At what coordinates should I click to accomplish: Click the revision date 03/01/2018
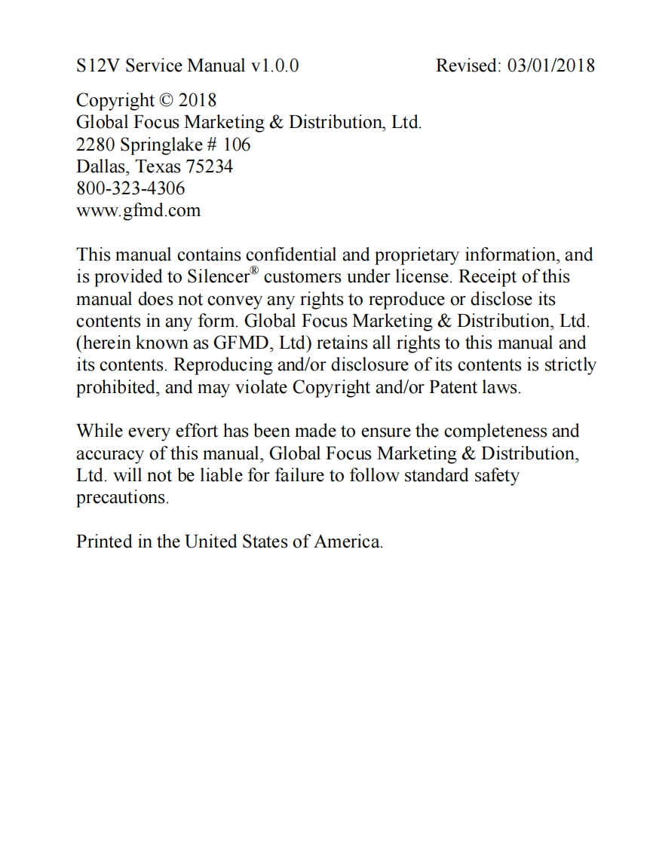551,66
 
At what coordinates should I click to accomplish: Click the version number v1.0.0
274,66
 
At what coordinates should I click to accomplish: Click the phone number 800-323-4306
130,188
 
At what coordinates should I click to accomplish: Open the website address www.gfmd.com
139,210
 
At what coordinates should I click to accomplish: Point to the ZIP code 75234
210,166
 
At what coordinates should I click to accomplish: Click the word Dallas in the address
102,166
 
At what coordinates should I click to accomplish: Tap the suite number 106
237,144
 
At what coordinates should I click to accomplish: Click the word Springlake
161,144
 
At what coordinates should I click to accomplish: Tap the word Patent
454,388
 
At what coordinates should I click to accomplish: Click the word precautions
121,498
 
